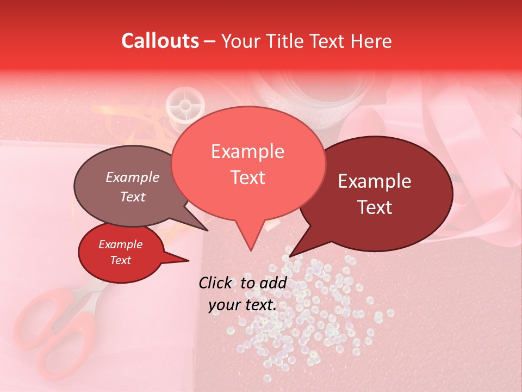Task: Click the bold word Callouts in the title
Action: click(160, 41)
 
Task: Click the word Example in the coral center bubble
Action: click(247, 152)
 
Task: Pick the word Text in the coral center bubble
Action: click(247, 177)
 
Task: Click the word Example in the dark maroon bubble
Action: click(375, 182)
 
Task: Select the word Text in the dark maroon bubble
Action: click(375, 207)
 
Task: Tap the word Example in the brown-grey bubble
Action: click(132, 177)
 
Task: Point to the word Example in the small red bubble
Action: click(120, 244)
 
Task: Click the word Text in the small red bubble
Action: click(120, 260)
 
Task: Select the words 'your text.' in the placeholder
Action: click(243, 305)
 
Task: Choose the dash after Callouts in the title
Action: click(210, 41)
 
